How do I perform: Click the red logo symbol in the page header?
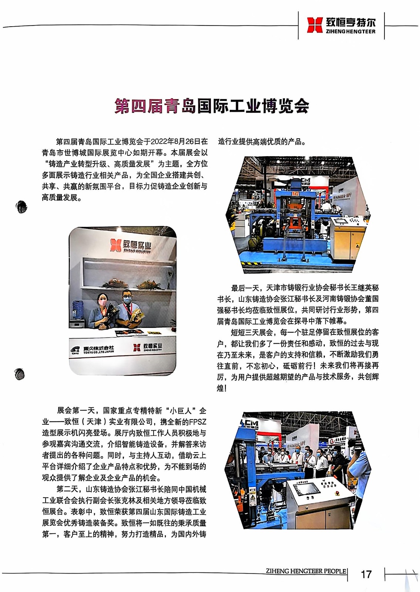tap(315, 25)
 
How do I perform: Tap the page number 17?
tap(366, 574)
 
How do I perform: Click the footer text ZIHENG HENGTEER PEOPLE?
tap(306, 571)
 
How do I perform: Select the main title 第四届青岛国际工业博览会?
tap(212, 106)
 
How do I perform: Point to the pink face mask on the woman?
tap(103, 303)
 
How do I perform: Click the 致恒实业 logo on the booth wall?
tap(131, 246)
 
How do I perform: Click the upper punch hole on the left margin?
tap(21, 207)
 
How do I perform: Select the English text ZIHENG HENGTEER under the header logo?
tap(350, 31)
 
